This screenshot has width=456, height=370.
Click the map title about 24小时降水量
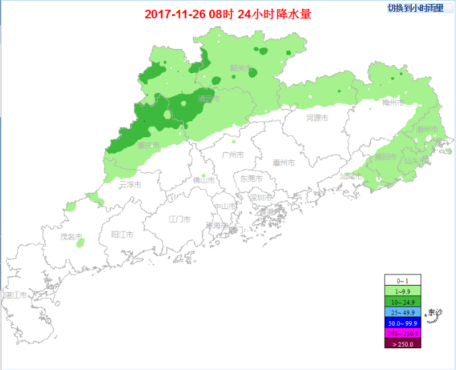(x=228, y=14)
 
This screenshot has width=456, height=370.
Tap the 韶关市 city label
(x=241, y=68)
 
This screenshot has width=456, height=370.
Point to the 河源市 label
(x=317, y=118)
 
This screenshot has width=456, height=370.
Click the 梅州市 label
(x=393, y=103)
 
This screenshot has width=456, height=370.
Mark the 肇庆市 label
(x=148, y=145)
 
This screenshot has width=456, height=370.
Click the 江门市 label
(x=179, y=219)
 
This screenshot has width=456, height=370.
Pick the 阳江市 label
(x=122, y=234)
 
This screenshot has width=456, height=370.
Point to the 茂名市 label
(x=71, y=236)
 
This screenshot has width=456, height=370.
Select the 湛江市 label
(x=16, y=295)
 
